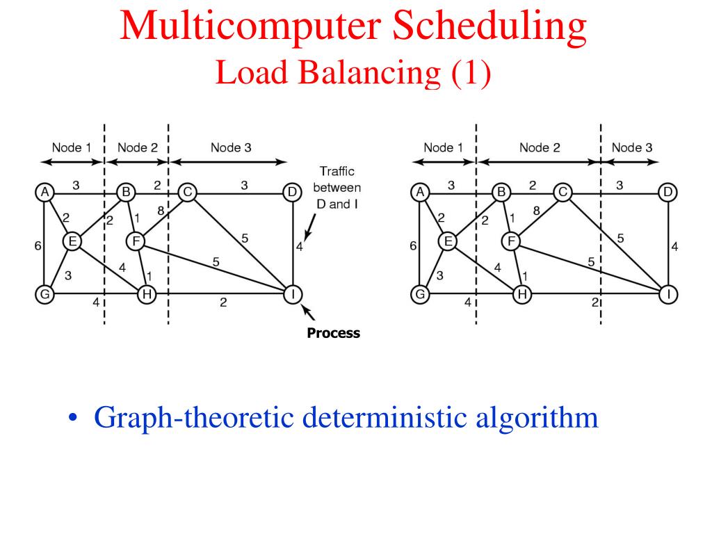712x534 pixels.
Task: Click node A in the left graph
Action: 45,192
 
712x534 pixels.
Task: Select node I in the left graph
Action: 293,294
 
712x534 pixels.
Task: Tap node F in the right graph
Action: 512,241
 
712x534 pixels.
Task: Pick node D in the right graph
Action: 667,192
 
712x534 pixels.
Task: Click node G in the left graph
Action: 45,294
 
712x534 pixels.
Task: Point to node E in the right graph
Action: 448,241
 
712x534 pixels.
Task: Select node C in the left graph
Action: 186,192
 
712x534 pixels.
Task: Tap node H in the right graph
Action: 521,294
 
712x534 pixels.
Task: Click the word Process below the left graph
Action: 334,333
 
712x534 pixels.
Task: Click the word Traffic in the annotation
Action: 337,171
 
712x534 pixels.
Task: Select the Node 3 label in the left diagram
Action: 232,147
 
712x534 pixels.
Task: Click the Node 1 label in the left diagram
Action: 72,147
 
